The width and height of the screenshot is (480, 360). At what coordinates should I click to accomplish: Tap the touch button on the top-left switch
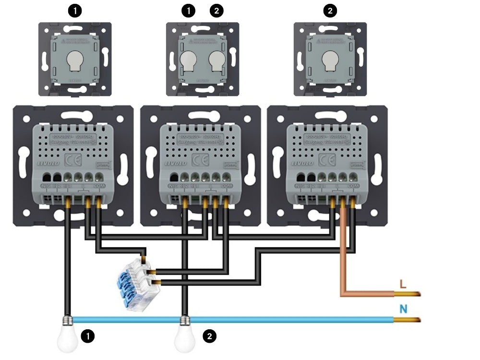coord(74,60)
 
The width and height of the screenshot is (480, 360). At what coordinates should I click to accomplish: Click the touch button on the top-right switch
coord(330,60)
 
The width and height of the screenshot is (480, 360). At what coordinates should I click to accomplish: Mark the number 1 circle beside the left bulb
coord(87,336)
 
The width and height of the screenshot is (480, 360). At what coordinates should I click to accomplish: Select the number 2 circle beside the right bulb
coord(209,336)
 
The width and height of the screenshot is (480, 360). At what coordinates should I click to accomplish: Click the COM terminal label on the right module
coord(353,185)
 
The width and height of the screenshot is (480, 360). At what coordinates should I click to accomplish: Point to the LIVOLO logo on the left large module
coord(43,165)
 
